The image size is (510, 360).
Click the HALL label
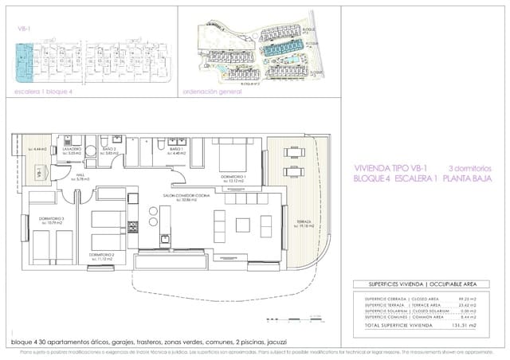[x=80, y=176]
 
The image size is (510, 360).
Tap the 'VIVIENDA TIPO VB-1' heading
[x=389, y=168]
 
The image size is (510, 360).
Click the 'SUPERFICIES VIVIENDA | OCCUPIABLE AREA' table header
[x=424, y=284]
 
